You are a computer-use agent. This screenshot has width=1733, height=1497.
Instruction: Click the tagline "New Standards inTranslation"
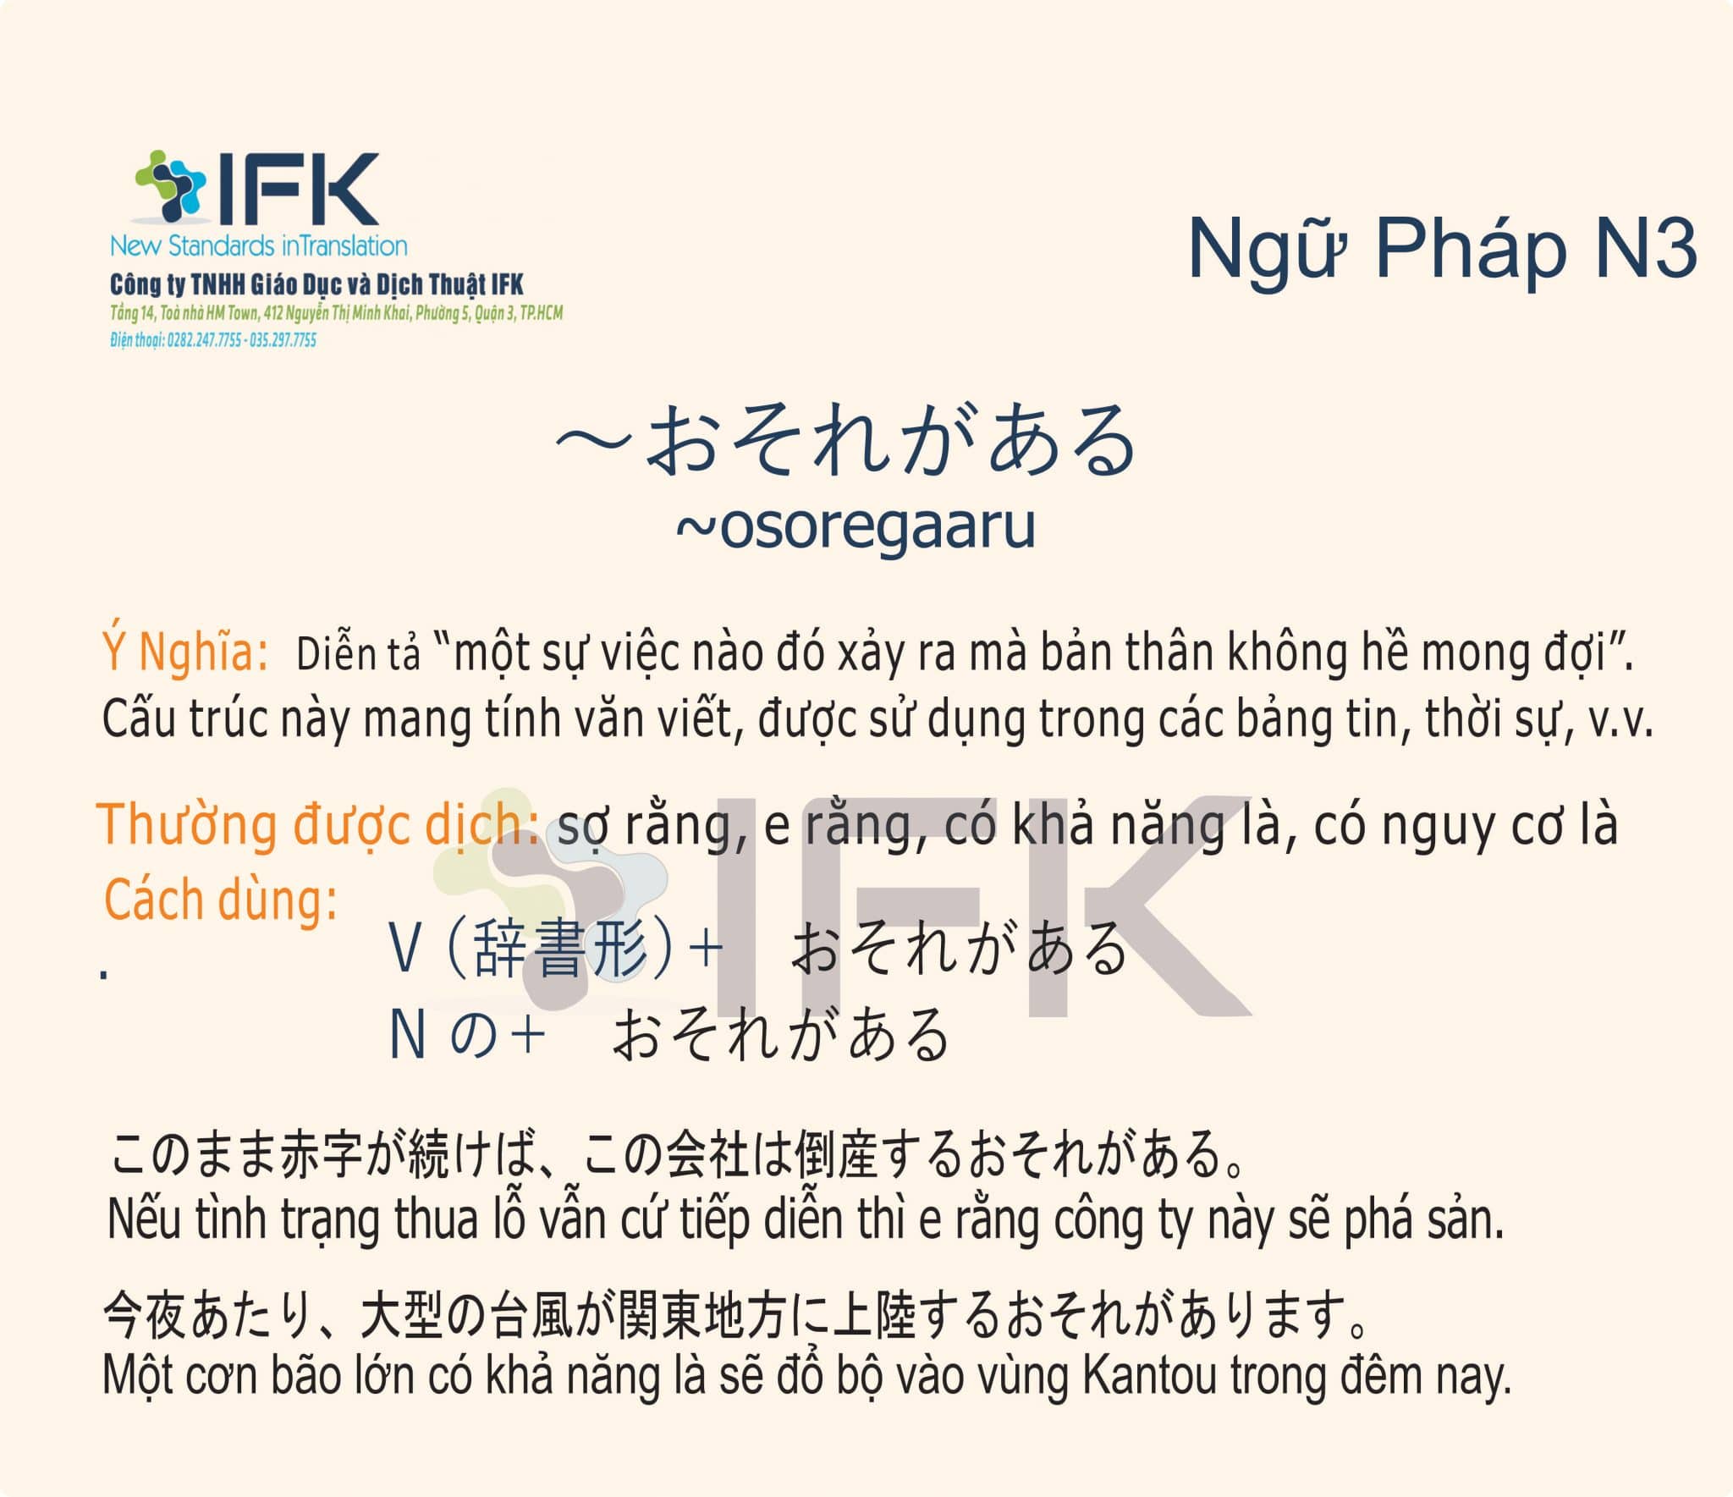pyautogui.click(x=259, y=246)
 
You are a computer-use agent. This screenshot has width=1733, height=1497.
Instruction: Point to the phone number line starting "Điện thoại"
pyautogui.click(x=213, y=340)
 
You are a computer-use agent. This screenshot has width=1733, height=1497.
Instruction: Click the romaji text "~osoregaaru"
pyautogui.click(x=855, y=526)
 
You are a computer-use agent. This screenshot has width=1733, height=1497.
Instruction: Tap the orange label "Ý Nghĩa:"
pyautogui.click(x=186, y=652)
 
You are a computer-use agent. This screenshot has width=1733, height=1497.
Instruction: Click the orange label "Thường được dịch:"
pyautogui.click(x=319, y=824)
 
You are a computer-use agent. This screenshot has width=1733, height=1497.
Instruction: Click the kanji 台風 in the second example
pyautogui.click(x=532, y=1317)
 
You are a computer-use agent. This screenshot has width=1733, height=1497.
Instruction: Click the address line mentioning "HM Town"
pyautogui.click(x=336, y=314)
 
